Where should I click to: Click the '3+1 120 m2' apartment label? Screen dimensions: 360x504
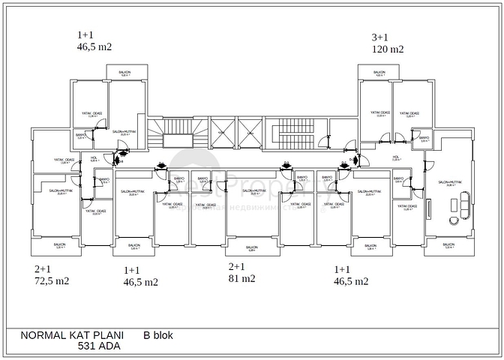[388, 43]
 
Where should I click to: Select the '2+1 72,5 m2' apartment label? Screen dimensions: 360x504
[52, 275]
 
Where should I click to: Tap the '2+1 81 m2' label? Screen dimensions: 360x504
[241, 272]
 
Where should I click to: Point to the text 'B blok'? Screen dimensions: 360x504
[158, 336]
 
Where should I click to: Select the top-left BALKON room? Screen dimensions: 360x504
[124, 73]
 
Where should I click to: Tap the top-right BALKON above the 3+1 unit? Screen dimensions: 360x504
[379, 73]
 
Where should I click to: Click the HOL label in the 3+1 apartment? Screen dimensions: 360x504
[395, 159]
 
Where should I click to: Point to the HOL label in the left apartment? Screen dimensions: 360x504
[94, 158]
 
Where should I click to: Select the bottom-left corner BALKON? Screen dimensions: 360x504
[59, 245]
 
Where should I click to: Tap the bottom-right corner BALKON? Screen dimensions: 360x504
[448, 245]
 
